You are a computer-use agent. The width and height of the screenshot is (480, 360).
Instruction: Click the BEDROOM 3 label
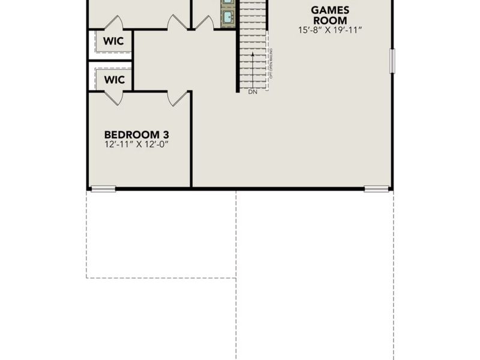click(132, 134)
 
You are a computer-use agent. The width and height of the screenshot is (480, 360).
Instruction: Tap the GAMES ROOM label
click(331, 15)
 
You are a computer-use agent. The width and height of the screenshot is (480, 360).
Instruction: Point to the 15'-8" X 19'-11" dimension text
click(331, 29)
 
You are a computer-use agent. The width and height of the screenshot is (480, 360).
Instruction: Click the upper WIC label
click(114, 41)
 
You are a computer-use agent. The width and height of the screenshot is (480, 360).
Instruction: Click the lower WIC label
click(114, 79)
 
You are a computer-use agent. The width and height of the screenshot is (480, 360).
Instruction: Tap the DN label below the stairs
click(252, 92)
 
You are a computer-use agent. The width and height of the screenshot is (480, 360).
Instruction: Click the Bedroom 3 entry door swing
click(178, 98)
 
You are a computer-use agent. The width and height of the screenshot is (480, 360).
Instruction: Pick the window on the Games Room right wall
click(392, 61)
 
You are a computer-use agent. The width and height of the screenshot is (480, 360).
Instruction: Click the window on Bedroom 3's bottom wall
click(103, 189)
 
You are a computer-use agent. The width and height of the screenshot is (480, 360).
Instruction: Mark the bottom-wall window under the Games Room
click(376, 189)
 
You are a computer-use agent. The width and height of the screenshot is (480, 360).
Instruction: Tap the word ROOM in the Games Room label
click(331, 20)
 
